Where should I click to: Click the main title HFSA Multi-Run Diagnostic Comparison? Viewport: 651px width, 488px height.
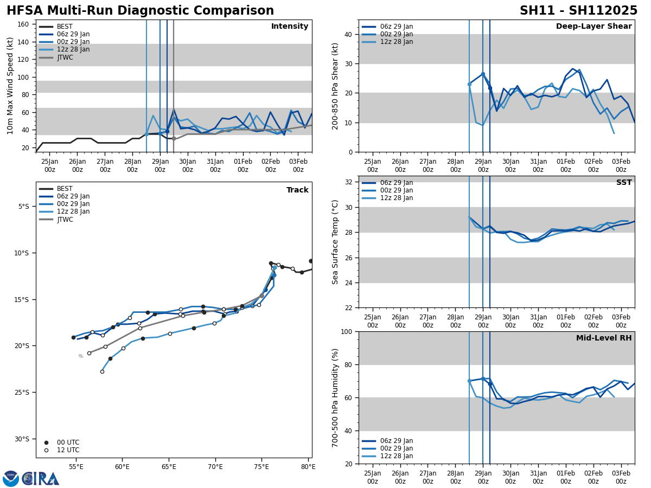[x=140, y=11]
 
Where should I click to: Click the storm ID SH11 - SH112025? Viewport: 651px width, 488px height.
[x=578, y=11]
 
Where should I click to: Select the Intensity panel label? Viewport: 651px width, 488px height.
[x=290, y=27]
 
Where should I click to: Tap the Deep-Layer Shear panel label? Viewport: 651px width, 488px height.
[x=593, y=27]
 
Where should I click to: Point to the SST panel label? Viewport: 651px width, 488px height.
[x=624, y=183]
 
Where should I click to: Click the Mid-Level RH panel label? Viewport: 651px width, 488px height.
[x=604, y=338]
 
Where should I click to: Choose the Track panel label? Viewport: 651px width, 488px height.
[x=297, y=190]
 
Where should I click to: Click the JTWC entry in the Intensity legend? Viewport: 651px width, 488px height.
[x=65, y=57]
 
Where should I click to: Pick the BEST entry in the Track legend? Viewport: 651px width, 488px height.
[x=65, y=189]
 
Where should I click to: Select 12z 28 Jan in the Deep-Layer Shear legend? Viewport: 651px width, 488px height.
[x=397, y=42]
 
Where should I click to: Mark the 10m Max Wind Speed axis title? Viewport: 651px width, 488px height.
[x=10, y=86]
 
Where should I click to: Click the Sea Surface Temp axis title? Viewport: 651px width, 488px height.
[x=335, y=242]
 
